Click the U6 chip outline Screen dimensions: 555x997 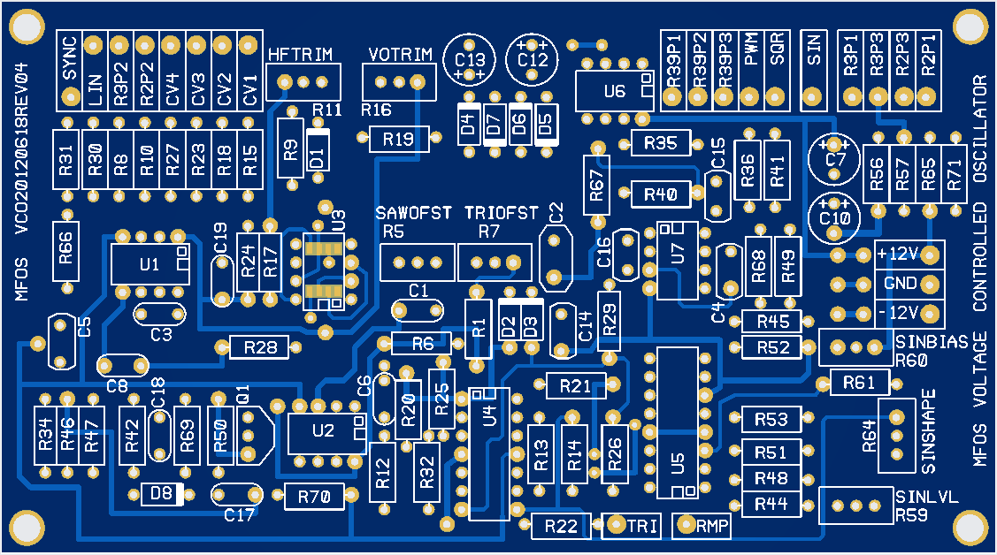pyautogui.click(x=613, y=91)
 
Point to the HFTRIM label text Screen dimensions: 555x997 pyautogui.click(x=300, y=55)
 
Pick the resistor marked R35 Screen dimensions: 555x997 pyautogui.click(x=660, y=142)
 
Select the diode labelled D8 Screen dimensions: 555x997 pyautogui.click(x=162, y=493)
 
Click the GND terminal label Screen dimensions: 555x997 pyautogui.click(x=900, y=283)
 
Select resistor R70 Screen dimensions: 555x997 pyautogui.click(x=314, y=497)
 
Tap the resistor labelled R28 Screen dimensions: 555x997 pyautogui.click(x=259, y=347)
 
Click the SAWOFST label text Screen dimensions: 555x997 pyautogui.click(x=414, y=213)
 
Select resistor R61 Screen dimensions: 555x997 pyautogui.click(x=858, y=382)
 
